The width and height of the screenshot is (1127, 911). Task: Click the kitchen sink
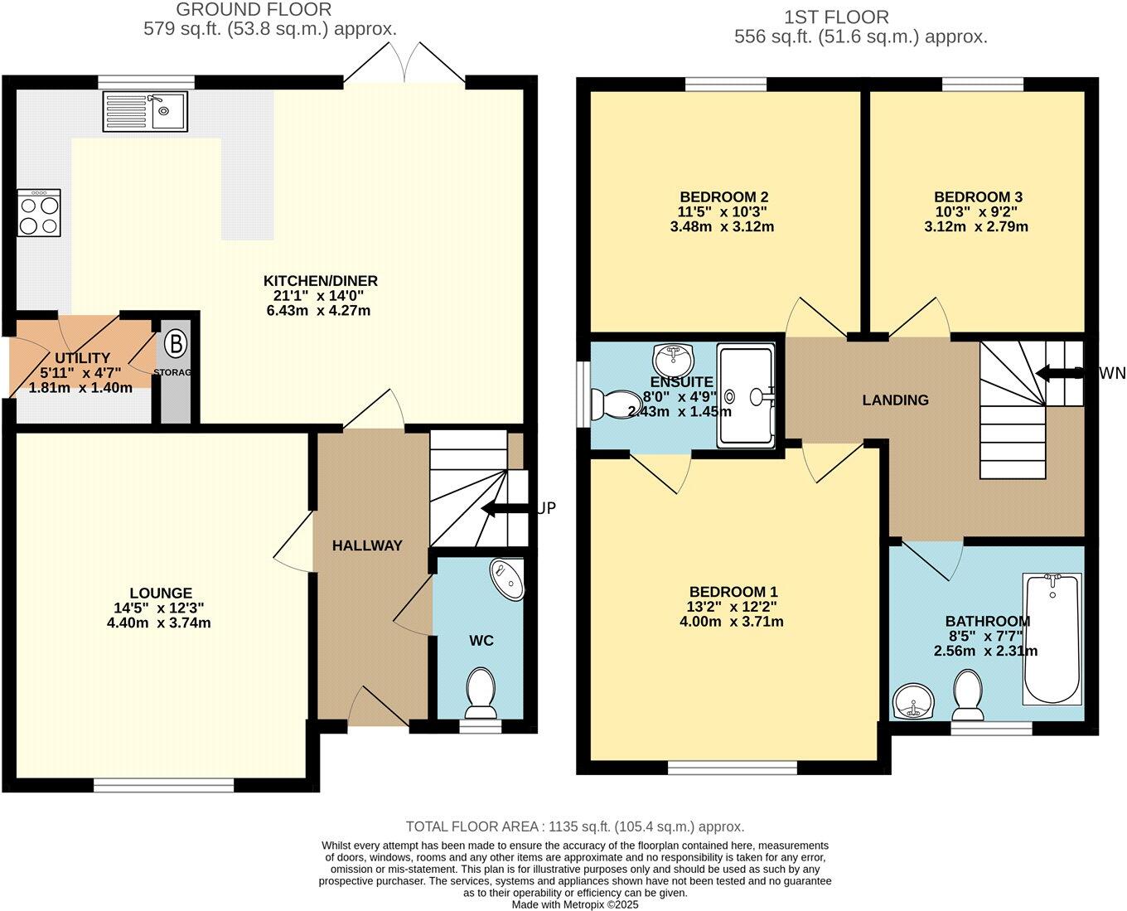[x=146, y=111]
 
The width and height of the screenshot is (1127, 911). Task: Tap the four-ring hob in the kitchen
[x=39, y=213]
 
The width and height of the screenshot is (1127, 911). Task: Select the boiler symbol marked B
[x=176, y=343]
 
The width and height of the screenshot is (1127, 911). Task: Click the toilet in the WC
[x=481, y=693]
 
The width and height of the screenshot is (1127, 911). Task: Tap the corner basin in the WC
[x=508, y=579]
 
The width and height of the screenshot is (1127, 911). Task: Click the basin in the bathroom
[x=914, y=702]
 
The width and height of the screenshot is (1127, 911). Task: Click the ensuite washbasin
[x=674, y=360]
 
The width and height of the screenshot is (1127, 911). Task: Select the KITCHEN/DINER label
[x=320, y=281]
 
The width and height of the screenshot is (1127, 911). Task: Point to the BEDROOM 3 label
[x=978, y=197]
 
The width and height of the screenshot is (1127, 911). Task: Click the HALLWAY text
[x=367, y=545]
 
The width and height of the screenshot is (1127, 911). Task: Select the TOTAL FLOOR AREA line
[x=574, y=826]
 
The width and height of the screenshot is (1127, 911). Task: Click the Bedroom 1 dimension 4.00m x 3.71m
[x=733, y=622]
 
